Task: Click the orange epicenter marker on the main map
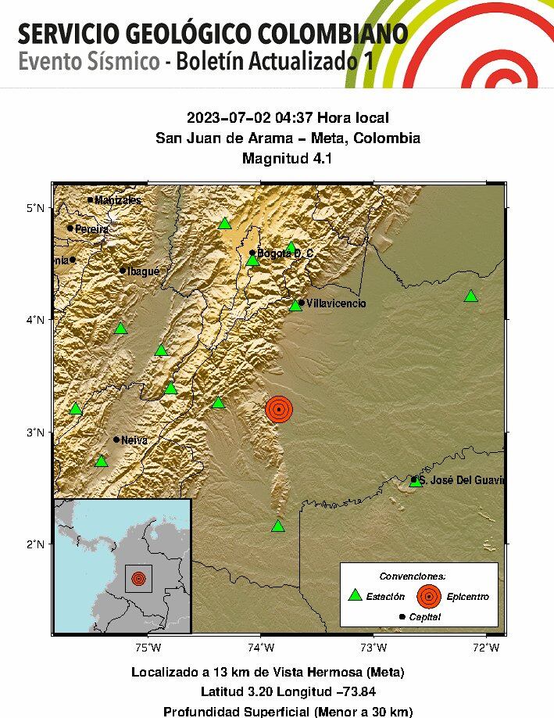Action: click(x=278, y=409)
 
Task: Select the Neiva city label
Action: click(x=134, y=440)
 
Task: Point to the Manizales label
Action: click(x=118, y=200)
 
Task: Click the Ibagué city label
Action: click(x=143, y=271)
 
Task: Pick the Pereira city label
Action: click(x=92, y=229)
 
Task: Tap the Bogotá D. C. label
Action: click(x=285, y=253)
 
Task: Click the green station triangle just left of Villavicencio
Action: click(x=295, y=305)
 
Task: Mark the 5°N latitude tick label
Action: click(x=36, y=207)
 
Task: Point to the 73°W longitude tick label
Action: click(x=374, y=647)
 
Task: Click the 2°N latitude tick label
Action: click(x=36, y=544)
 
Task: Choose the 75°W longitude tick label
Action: click(x=148, y=647)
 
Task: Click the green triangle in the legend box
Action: click(x=355, y=596)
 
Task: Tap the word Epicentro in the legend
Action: click(x=468, y=597)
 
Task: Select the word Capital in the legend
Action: click(x=424, y=617)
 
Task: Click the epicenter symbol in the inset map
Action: click(x=138, y=579)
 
